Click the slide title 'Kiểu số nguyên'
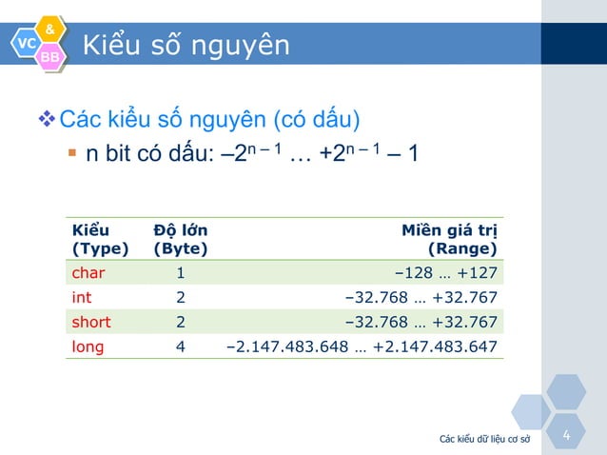pos(186,45)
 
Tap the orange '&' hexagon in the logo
pos(49,28)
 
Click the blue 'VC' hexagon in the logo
pos(26,43)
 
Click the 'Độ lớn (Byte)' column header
pos(180,240)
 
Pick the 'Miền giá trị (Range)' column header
pos(448,240)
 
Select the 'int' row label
pos(82,298)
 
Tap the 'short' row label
pos(92,322)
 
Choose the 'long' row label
pos(88,346)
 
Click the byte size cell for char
pos(180,273)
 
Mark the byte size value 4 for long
pos(181,346)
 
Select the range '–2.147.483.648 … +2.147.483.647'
pos(362,346)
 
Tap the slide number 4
pos(567,436)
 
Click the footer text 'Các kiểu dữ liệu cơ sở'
pos(484,439)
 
